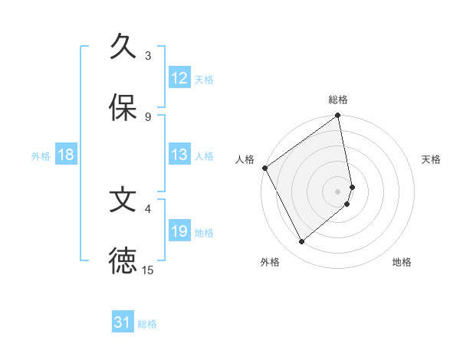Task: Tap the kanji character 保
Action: tap(123, 108)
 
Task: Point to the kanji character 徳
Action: tap(123, 260)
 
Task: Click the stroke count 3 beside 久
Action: tap(148, 55)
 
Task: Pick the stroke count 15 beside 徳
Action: tap(148, 270)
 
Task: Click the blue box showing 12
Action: tap(179, 78)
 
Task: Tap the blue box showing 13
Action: tap(179, 155)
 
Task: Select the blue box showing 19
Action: tap(179, 231)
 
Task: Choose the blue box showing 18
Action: tap(66, 155)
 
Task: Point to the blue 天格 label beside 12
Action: tap(204, 79)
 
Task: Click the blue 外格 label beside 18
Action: tap(41, 155)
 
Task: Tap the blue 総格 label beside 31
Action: tap(147, 324)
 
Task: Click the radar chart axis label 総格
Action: tap(338, 100)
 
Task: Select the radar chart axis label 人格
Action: tap(245, 159)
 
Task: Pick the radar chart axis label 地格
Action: tap(402, 262)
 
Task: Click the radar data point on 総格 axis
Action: tap(338, 116)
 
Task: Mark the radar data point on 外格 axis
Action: tap(301, 241)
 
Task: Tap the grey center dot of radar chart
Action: tap(338, 191)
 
